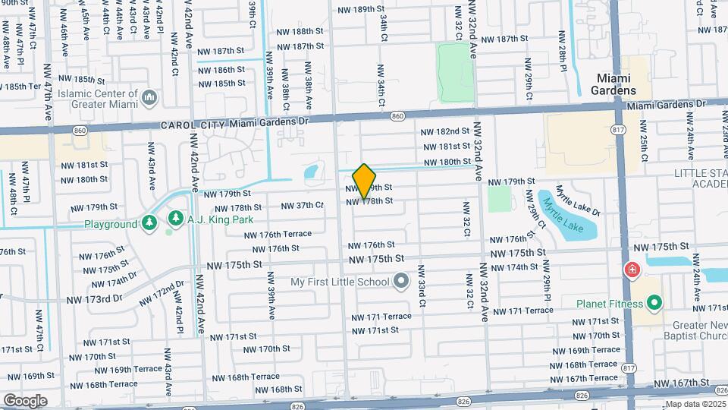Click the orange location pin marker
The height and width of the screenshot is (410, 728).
pyautogui.click(x=365, y=181)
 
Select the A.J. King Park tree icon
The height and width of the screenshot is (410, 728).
pyautogui.click(x=176, y=219)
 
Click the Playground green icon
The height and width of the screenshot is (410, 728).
pyautogui.click(x=149, y=222)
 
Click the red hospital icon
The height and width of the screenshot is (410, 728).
pyautogui.click(x=631, y=270)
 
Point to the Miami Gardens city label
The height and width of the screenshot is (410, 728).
pyautogui.click(x=616, y=84)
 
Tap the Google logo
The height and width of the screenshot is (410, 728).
pyautogui.click(x=25, y=400)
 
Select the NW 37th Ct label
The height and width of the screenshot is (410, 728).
pyautogui.click(x=302, y=206)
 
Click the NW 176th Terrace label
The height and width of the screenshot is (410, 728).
pyautogui.click(x=278, y=234)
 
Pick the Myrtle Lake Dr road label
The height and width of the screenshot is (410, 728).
pyautogui.click(x=577, y=201)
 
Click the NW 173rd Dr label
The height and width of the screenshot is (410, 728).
pyautogui.click(x=95, y=299)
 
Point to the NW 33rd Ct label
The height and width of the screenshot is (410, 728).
pyautogui.click(x=422, y=291)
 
